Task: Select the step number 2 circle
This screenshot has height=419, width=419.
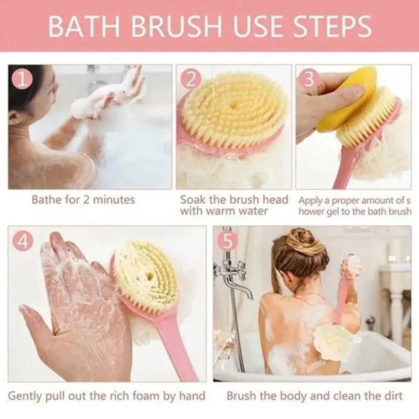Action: pos(191,78)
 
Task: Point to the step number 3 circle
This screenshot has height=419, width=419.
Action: pos(309,78)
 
